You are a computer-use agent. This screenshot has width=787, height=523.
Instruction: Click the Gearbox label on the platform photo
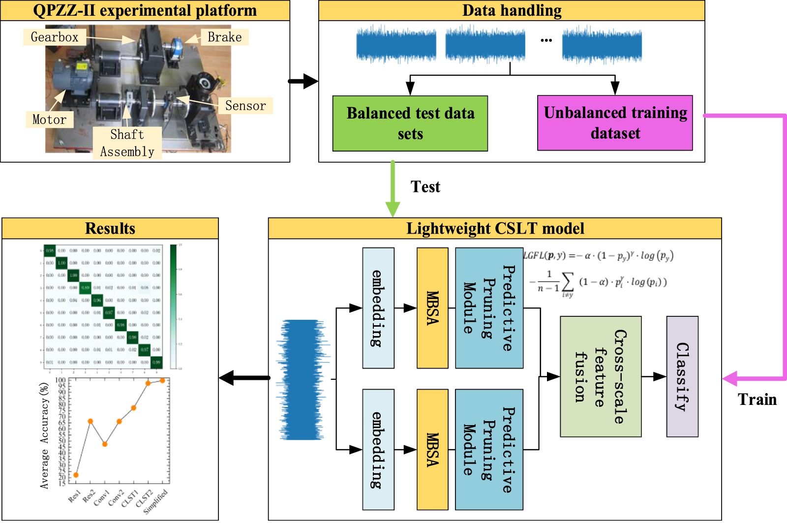[x=54, y=37]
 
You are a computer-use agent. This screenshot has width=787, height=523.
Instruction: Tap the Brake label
[x=224, y=37]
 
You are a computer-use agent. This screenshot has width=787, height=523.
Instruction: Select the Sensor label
[x=245, y=106]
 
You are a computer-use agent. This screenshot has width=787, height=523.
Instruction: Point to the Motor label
[x=49, y=120]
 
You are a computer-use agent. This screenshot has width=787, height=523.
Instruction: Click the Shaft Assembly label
[x=127, y=143]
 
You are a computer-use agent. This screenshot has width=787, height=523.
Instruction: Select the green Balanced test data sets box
[x=410, y=123]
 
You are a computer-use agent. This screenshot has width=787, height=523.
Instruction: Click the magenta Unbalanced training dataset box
[x=615, y=123]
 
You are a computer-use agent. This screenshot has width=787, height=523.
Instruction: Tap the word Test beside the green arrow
[x=425, y=187]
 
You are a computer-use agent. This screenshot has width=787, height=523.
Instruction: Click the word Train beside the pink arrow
[x=757, y=400]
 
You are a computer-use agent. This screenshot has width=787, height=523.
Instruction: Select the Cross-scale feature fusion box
[x=601, y=376]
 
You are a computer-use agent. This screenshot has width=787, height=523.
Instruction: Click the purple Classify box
[x=682, y=376]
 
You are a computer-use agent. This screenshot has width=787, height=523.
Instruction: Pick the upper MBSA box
[x=432, y=308]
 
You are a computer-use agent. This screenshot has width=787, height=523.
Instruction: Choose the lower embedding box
[x=378, y=449]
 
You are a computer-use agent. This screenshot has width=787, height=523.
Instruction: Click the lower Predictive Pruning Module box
[x=489, y=449]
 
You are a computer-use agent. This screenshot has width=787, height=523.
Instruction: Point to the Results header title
[x=110, y=229]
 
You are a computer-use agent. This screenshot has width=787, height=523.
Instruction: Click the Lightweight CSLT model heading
[x=495, y=229]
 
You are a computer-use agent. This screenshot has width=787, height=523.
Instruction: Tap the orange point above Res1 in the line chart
[x=76, y=475]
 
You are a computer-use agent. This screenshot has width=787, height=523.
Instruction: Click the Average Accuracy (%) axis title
[x=45, y=435]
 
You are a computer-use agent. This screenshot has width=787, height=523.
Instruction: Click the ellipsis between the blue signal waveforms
[x=546, y=41]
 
